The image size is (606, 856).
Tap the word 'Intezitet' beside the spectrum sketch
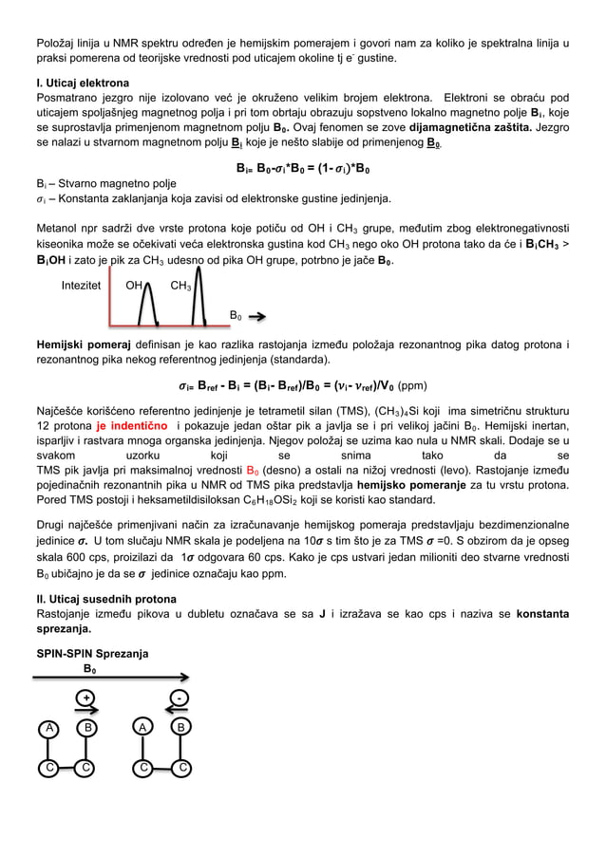83,285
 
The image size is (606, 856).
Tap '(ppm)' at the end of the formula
414,386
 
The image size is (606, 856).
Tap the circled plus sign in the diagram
86,698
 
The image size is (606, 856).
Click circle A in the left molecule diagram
46,728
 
